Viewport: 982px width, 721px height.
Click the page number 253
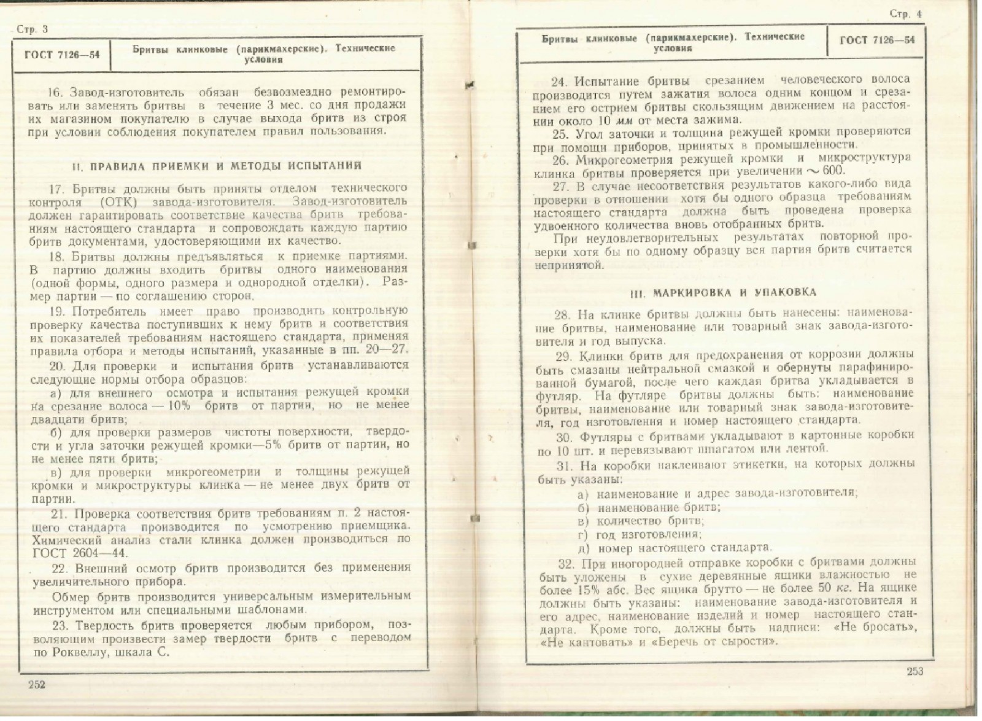914,671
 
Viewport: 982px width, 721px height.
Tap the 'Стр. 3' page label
31,29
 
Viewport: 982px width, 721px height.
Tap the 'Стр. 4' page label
906,15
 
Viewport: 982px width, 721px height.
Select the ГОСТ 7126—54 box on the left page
61,54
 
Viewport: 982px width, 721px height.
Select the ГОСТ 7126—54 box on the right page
876,41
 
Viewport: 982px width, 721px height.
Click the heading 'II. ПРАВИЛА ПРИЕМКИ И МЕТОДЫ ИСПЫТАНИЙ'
217,166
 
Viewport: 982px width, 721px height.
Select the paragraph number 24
558,81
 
